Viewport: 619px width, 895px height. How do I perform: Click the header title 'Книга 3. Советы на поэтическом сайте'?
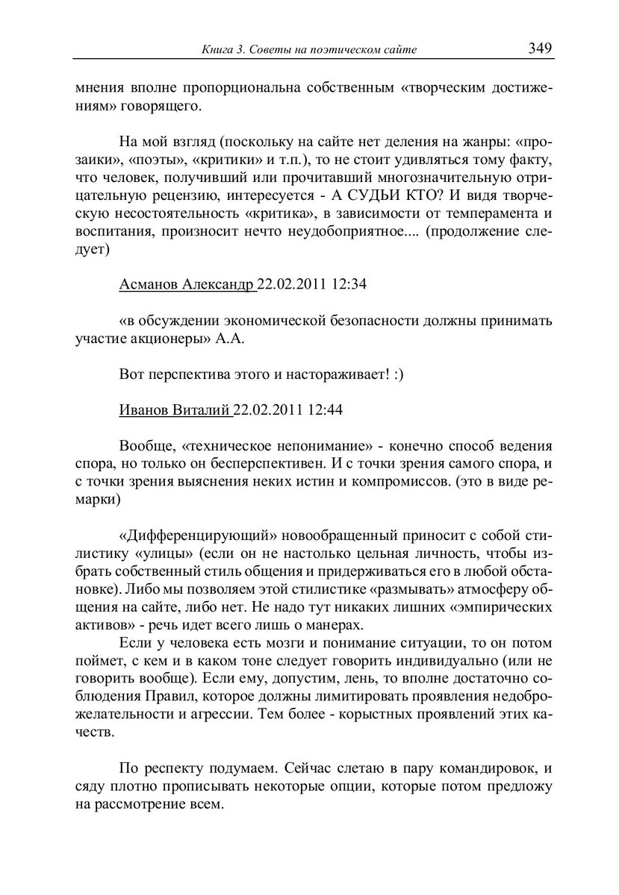click(x=309, y=50)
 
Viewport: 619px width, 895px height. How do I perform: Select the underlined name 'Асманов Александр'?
click(x=187, y=284)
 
